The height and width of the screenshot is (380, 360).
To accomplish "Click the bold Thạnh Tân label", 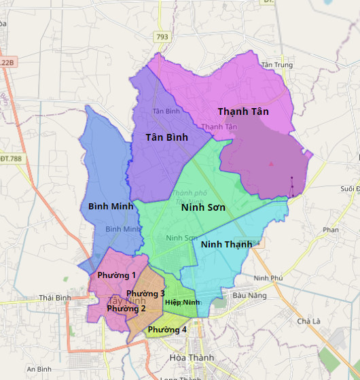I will pos(243,111).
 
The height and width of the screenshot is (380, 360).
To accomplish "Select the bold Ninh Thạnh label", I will pos(226,244).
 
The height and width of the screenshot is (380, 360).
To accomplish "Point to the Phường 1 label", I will pos(117,275).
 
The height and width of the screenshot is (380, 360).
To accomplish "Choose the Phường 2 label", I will pos(126,309).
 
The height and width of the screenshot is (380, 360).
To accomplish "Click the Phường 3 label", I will pos(145,294).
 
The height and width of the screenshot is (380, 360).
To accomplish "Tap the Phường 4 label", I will pos(167,330).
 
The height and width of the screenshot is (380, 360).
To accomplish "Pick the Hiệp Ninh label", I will pos(182,302).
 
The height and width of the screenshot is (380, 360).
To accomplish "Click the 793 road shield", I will pos(162,36).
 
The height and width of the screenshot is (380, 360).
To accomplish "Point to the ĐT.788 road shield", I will pos(11,158).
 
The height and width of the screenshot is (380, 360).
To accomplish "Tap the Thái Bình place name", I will pos(55,298).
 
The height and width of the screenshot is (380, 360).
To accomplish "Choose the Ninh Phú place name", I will pos(267,279).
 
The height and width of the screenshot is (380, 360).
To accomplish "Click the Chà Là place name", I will pos(308,321).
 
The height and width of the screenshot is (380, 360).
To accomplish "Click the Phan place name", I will pos(330,230).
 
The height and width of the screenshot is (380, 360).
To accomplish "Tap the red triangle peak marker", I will pos(271,164).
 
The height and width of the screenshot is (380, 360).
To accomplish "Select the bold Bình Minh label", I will pos(111,205).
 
